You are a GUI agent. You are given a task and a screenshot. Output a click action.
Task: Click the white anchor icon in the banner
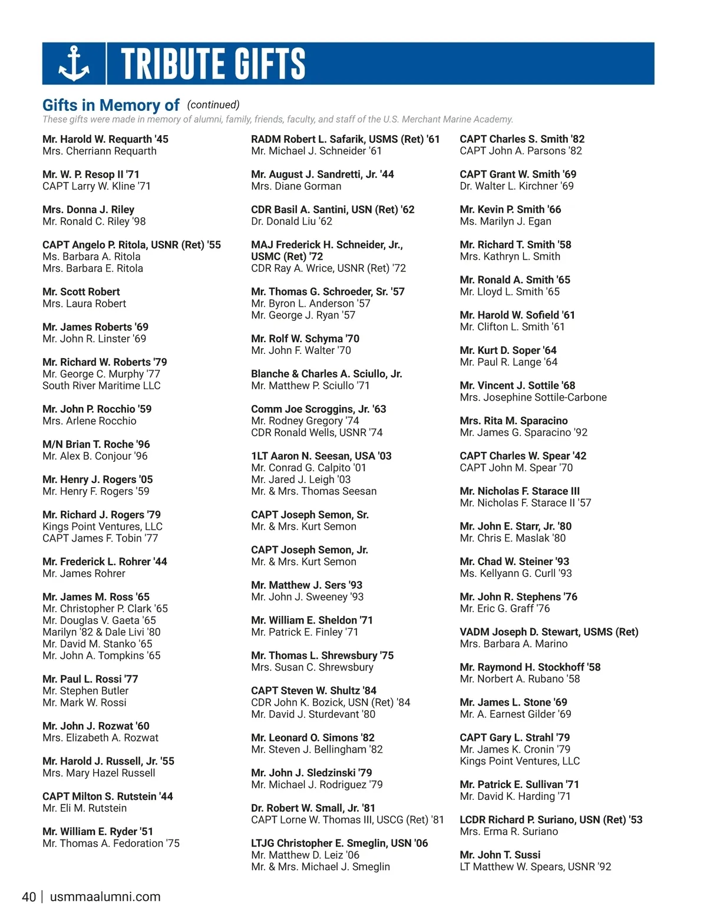[x=74, y=64]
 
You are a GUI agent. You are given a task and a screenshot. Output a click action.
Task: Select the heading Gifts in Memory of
[x=111, y=105]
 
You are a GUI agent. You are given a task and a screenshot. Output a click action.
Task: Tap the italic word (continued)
[x=213, y=104]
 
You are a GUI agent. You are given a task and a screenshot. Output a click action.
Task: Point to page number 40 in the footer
[x=29, y=897]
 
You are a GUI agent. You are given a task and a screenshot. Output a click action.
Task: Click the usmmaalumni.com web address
[x=105, y=897]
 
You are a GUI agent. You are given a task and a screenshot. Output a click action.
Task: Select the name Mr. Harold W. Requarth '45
[x=105, y=139]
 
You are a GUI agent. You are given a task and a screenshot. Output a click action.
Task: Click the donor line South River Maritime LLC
[x=101, y=386]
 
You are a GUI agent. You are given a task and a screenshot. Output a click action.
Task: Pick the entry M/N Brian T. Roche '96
[x=96, y=444]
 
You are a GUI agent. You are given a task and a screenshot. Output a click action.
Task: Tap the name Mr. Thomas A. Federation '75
[x=111, y=843]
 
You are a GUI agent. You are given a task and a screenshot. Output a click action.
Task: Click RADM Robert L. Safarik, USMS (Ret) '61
[x=345, y=139]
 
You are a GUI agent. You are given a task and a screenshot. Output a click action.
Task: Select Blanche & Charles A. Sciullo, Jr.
[x=326, y=374]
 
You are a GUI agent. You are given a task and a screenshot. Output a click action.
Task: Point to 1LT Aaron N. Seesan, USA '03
[x=321, y=456]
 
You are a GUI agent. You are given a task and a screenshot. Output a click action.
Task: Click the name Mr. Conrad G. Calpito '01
[x=309, y=468]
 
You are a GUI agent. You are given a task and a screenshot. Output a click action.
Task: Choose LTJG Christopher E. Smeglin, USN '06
[x=339, y=843]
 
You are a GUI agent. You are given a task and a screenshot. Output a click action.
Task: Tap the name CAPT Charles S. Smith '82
[x=522, y=139]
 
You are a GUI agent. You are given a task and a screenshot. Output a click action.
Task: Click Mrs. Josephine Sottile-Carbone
[x=533, y=398]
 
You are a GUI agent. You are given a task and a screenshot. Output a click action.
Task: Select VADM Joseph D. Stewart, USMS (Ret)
[x=549, y=632]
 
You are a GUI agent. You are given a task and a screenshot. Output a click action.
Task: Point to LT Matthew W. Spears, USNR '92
[x=536, y=867]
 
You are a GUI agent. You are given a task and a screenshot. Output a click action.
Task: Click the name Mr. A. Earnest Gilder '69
[x=516, y=714]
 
